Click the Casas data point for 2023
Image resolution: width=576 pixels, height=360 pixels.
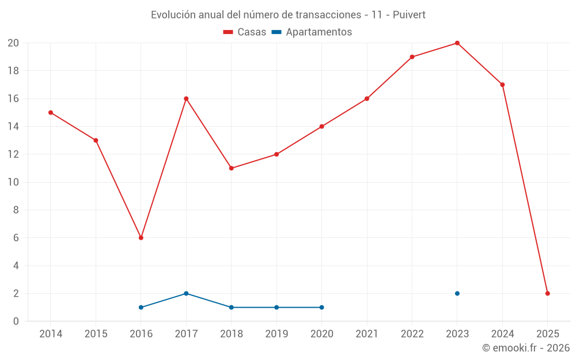coord(457,43)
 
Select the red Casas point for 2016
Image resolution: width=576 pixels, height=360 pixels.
coord(141,238)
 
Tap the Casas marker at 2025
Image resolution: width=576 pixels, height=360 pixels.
coord(547,293)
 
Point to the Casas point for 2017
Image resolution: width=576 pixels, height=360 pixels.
coord(186,98)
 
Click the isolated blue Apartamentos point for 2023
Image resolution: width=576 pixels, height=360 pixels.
coord(457,293)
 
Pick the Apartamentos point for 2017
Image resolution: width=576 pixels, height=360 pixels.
coord(186,293)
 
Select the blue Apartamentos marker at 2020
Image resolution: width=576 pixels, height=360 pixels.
coord(321,307)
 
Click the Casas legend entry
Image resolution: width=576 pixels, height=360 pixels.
coord(245,32)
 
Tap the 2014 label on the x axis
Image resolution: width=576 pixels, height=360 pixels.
coord(51,334)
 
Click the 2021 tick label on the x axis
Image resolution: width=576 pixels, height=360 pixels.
coord(367,334)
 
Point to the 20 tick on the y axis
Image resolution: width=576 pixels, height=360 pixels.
coord(13,43)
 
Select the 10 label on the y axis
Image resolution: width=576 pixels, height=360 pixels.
coord(13,182)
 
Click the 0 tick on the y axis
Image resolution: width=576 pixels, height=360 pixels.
coord(16,321)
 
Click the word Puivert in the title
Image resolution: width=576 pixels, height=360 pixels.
coord(409,15)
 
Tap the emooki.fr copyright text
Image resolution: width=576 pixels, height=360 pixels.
coord(525,348)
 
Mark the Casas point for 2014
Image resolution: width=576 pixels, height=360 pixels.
coord(51,112)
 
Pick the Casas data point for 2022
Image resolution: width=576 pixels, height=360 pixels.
coord(412,57)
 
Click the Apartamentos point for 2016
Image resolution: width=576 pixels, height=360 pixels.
coord(141,307)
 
